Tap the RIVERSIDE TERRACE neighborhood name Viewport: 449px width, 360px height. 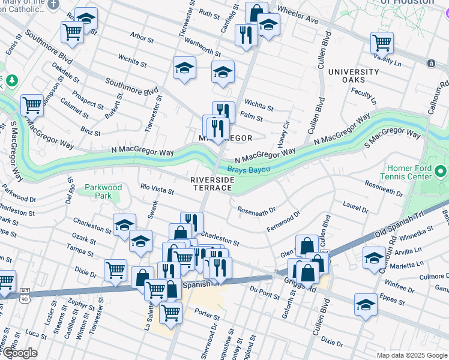coord(211,184)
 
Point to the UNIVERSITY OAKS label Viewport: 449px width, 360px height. coord(354,76)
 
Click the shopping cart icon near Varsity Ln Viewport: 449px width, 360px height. coord(382,43)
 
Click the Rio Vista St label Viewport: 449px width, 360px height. coord(157,189)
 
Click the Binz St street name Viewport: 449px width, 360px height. coord(90,131)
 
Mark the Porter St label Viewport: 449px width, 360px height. coord(206,316)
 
